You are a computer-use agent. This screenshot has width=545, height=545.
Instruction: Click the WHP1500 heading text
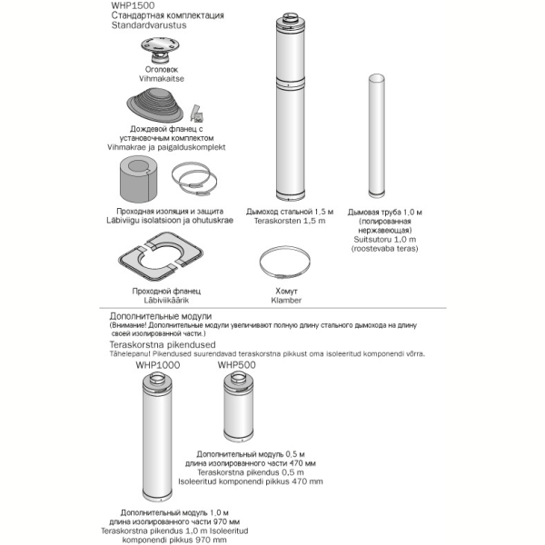tap(133, 5)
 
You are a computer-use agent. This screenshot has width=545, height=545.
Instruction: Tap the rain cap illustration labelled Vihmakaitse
tap(160, 50)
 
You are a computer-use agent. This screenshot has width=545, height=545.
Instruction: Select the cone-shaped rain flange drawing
tap(155, 105)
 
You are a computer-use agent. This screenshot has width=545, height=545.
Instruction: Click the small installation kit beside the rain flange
tap(197, 114)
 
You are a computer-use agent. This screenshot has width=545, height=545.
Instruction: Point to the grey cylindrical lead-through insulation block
tap(138, 179)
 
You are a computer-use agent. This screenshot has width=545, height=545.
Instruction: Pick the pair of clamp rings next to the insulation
tap(194, 179)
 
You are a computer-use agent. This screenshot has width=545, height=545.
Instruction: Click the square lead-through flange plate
tap(161, 256)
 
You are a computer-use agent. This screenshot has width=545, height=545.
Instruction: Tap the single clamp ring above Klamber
tap(284, 263)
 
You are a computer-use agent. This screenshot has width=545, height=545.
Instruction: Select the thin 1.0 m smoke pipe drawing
tap(376, 136)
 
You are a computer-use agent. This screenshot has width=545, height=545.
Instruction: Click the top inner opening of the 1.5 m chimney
tap(291, 16)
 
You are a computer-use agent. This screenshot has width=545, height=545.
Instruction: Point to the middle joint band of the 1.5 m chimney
tap(291, 84)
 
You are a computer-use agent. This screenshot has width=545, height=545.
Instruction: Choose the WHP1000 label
tap(158, 365)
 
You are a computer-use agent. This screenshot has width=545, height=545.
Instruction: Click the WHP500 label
tap(237, 365)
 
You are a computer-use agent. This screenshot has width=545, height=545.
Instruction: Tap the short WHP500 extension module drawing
tap(238, 406)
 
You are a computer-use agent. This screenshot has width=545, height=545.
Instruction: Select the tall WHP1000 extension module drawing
tap(157, 437)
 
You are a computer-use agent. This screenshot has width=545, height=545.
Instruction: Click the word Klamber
tap(286, 301)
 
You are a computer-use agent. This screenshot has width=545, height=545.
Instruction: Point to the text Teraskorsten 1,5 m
tap(290, 221)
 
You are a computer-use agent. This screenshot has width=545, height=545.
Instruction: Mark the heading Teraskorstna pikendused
tap(163, 345)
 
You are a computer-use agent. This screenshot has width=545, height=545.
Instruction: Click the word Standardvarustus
tap(149, 25)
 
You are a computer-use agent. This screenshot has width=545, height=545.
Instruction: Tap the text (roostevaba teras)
tap(384, 249)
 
